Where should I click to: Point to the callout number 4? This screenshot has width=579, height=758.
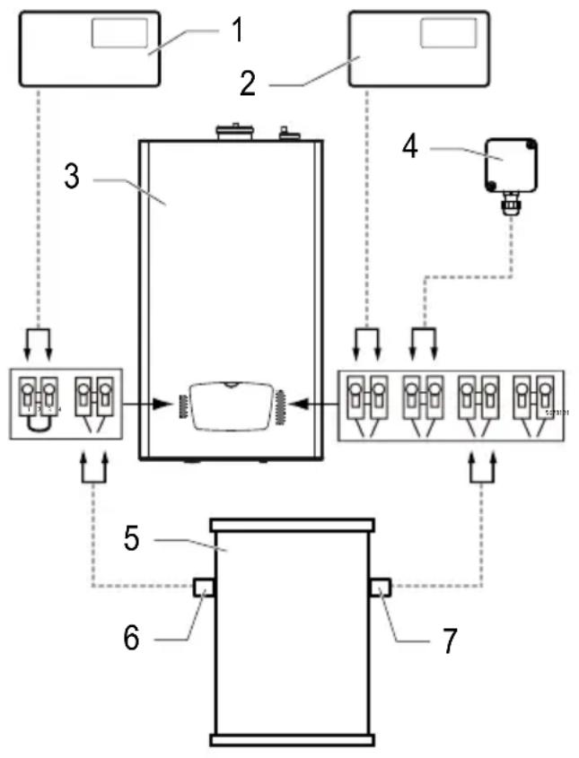coord(409,146)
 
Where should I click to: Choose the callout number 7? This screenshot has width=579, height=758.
coord(448,640)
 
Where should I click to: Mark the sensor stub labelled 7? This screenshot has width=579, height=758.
coord(377,588)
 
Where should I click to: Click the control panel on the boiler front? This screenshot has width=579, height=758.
coord(231,405)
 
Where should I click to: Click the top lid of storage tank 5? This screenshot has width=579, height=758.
coord(290,523)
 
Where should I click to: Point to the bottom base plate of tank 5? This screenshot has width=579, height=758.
coord(290,740)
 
